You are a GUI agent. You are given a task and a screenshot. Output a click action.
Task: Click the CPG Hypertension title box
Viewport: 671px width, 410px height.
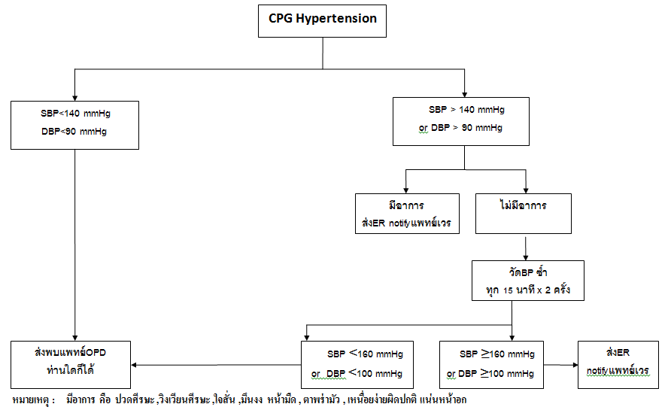[323, 20]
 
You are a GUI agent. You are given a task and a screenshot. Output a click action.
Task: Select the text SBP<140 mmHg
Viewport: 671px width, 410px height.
[74, 114]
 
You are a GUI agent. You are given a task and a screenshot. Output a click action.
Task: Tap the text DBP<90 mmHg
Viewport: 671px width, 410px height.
[74, 132]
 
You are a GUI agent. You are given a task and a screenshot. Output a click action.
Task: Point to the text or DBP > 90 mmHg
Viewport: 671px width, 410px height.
[460, 128]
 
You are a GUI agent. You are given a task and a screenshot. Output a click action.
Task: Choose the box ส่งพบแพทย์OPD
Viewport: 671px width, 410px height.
[71, 363]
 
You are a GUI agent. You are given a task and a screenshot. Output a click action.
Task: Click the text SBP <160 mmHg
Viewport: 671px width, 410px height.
[363, 354]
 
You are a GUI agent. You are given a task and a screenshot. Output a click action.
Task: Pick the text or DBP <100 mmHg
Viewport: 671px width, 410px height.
[357, 374]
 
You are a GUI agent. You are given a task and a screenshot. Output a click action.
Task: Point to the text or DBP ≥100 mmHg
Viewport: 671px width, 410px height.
[490, 374]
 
